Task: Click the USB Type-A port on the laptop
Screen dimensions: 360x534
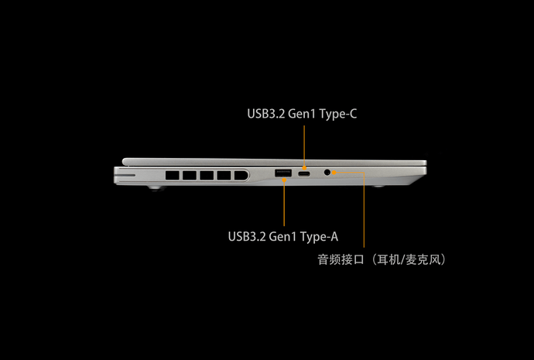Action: [283, 173]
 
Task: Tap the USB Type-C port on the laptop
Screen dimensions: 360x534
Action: [306, 174]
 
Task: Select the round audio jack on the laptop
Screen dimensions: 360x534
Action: [334, 173]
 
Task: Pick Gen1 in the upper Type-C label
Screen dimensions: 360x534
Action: [300, 114]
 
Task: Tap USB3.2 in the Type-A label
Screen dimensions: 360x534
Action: [247, 236]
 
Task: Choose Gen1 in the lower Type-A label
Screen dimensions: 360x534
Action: [281, 236]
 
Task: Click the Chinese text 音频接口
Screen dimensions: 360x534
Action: [340, 259]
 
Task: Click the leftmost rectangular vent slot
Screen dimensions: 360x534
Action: [171, 175]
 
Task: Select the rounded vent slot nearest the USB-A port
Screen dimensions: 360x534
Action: [241, 175]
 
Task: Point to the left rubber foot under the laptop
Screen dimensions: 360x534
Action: [156, 188]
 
